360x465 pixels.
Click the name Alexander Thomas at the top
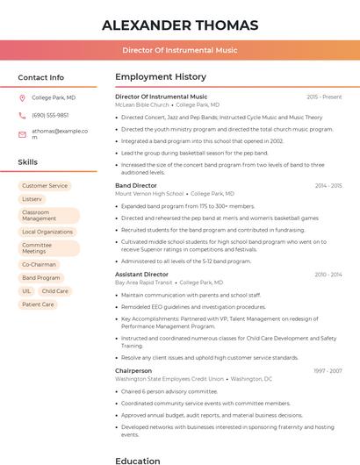(x=180, y=25)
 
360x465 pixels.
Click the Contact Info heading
(x=41, y=77)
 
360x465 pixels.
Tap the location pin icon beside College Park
(x=22, y=97)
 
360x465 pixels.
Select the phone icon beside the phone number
(x=22, y=115)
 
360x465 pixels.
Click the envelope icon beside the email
(x=22, y=134)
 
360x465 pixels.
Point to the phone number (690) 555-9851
(x=50, y=115)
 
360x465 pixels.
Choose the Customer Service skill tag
(x=45, y=186)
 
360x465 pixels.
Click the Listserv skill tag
(x=32, y=199)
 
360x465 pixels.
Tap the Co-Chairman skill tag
(x=39, y=264)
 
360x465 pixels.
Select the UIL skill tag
(x=26, y=290)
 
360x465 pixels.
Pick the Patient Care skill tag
(x=38, y=304)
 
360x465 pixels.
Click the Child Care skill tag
(x=54, y=290)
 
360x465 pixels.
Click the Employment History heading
(x=161, y=77)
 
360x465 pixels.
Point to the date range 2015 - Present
(x=324, y=97)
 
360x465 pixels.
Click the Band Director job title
(x=135, y=186)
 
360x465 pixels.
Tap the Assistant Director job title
(x=141, y=275)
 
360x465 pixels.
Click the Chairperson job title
(x=133, y=371)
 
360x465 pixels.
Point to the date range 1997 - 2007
(x=328, y=371)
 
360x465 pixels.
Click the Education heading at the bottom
(x=138, y=460)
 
